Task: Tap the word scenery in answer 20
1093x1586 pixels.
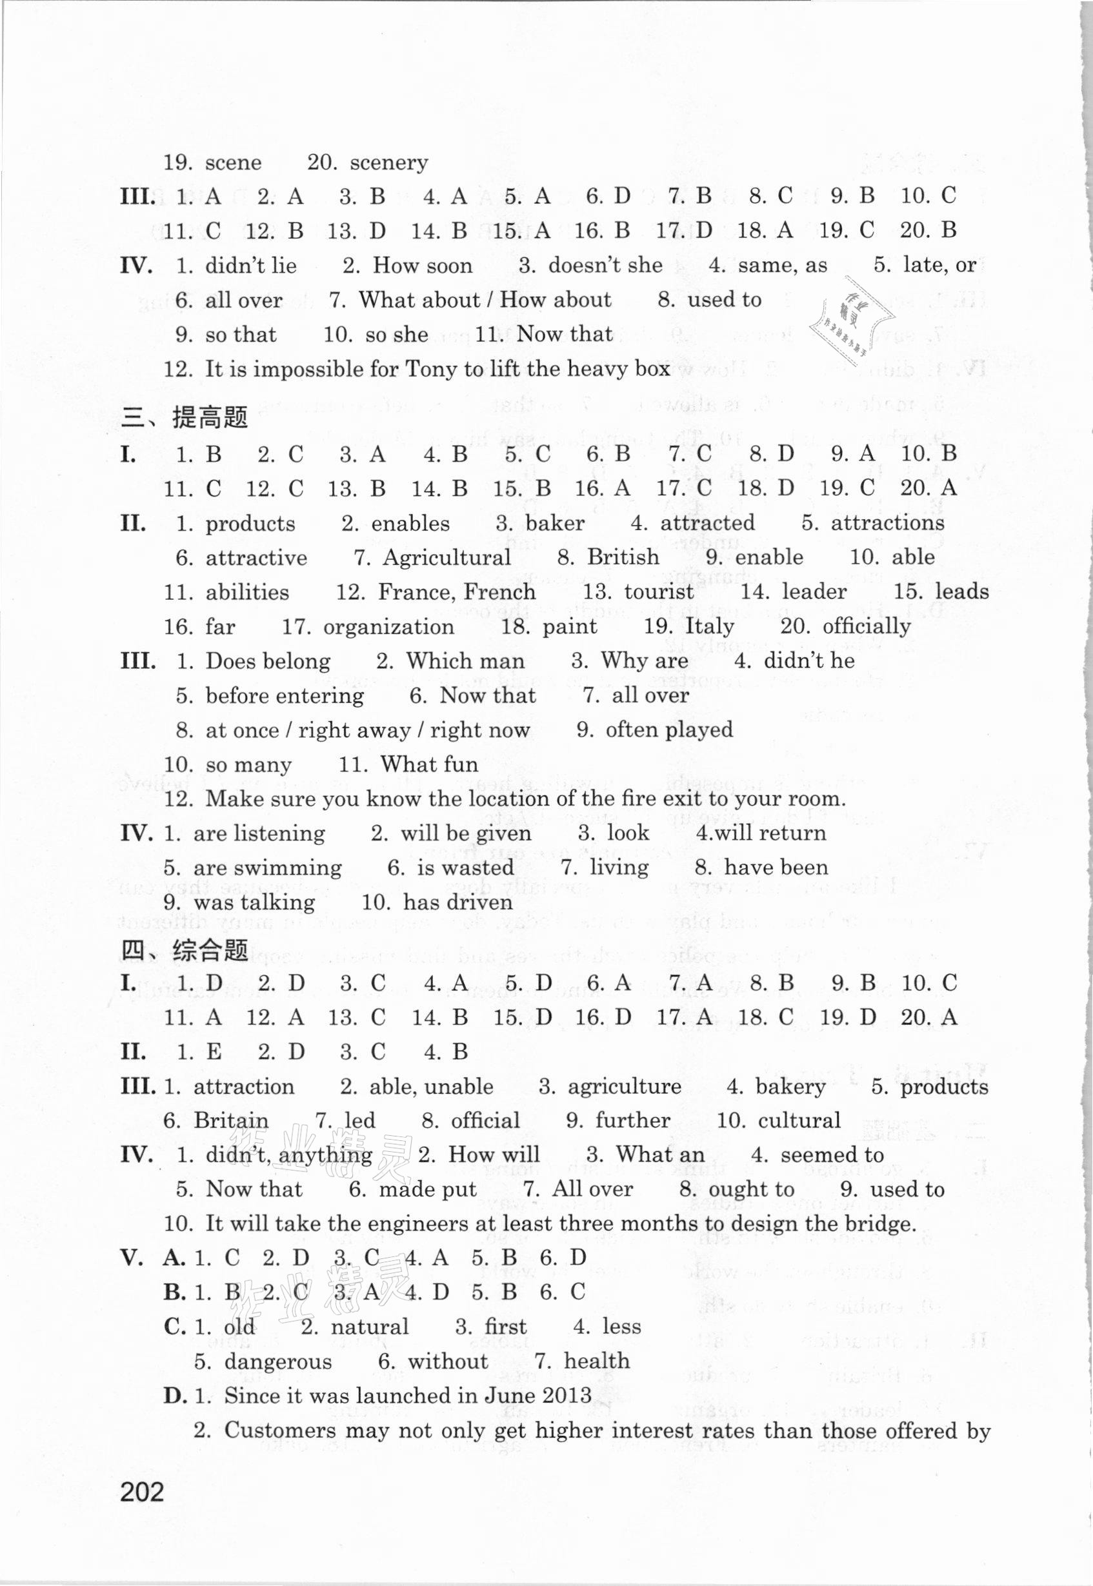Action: [x=388, y=163]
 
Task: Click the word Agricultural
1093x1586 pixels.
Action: [x=446, y=557]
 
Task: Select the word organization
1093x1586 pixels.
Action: [x=388, y=626]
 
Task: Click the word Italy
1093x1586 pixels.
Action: [x=710, y=626]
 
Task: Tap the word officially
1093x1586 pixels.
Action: [x=867, y=626]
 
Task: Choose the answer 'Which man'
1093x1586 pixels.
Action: [x=466, y=661]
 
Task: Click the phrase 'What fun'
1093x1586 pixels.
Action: [x=430, y=764]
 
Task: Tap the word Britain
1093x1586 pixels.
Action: [x=231, y=1121]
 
